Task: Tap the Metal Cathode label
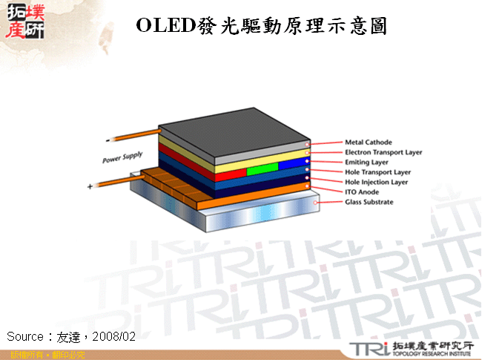(x=369, y=142)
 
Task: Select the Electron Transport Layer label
(x=383, y=152)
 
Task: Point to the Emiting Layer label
(x=366, y=162)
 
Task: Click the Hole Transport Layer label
(x=377, y=172)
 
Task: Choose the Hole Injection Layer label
(x=376, y=182)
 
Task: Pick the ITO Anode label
(x=362, y=192)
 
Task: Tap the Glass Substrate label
(x=369, y=202)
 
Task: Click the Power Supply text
(x=122, y=157)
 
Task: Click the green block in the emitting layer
(x=262, y=169)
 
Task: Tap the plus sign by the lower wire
(x=90, y=187)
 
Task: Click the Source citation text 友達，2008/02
(x=71, y=336)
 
